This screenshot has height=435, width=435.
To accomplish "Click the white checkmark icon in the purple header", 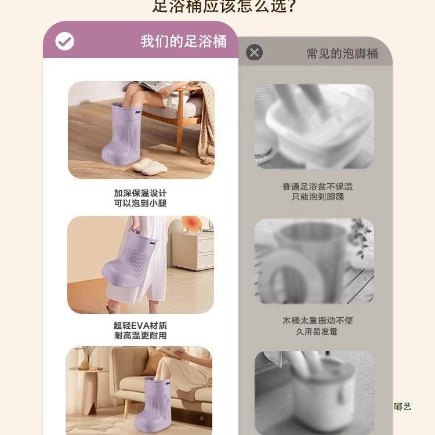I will [x=64, y=41].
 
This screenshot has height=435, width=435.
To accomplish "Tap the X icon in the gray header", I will [x=254, y=53].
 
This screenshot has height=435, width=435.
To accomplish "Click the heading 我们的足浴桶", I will [x=183, y=41].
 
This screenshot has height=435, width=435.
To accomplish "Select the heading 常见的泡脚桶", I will [x=342, y=53].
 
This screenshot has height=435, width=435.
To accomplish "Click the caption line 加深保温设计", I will [x=140, y=193].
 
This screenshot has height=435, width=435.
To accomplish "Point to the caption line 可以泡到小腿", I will [x=140, y=203].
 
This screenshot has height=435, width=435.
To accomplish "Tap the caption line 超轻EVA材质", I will [x=140, y=325].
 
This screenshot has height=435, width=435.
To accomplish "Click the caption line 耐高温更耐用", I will [x=140, y=336].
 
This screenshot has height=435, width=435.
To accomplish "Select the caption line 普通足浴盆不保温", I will [x=317, y=186].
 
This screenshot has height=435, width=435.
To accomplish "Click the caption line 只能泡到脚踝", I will [x=317, y=197].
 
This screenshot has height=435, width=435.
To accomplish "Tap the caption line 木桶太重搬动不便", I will [x=317, y=320].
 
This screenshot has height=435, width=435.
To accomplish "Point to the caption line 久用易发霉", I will [x=317, y=331].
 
